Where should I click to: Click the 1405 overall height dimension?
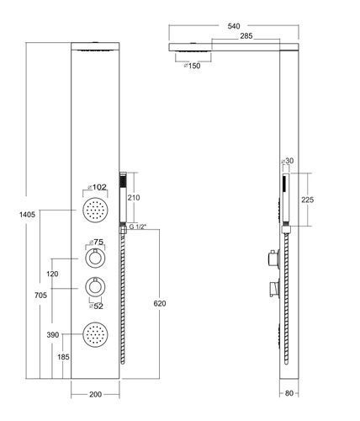tap(27, 215)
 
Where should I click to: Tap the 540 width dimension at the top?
tap(234, 26)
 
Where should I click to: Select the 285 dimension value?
tap(246, 35)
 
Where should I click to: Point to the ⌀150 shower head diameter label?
tap(192, 66)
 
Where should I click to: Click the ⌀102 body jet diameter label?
tap(97, 187)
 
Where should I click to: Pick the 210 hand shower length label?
tap(134, 198)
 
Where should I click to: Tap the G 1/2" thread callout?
tap(138, 226)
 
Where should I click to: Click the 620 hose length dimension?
tap(160, 303)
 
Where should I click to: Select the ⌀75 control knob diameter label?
tap(96, 242)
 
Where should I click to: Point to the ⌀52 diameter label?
tap(96, 306)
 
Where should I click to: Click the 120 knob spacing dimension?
tap(52, 274)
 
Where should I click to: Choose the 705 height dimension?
tap(40, 295)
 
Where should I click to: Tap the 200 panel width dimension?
tap(95, 394)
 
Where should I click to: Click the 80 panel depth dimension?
tap(289, 393)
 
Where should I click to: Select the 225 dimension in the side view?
tap(307, 200)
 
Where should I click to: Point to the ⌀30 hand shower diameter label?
tap(288, 161)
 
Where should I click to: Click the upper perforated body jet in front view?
tap(95, 210)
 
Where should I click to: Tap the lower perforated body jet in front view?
tap(95, 334)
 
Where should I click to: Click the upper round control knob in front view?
tap(95, 258)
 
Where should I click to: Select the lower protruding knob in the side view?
tap(274, 288)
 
